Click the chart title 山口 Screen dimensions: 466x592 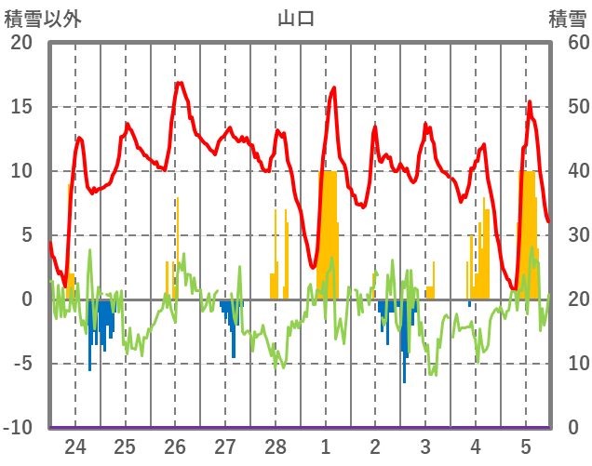coord(296,18)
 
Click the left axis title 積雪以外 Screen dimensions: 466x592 coord(43,18)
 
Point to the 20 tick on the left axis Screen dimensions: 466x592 coord(20,43)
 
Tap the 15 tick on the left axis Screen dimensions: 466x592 coord(20,107)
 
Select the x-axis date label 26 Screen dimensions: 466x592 coord(175,446)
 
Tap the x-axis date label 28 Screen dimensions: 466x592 coord(276,446)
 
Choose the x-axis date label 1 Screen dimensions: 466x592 coord(326,446)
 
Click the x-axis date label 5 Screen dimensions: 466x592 coord(526,446)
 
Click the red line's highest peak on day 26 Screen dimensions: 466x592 coord(179,83)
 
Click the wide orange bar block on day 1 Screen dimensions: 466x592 coord(327,233)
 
